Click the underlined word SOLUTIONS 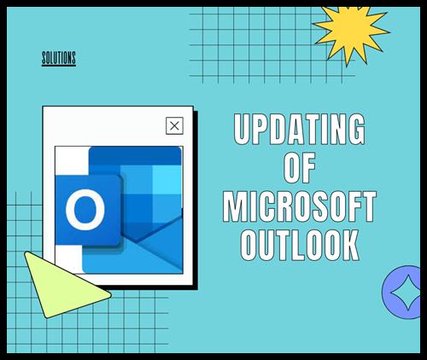coord(59,59)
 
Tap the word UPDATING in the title coord(300,129)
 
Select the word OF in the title coord(300,168)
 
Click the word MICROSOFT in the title coord(300,206)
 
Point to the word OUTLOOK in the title coord(300,245)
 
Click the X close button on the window coord(174,125)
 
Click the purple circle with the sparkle coord(401,293)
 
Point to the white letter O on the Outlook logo coord(85,210)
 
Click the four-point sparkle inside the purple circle coord(407,293)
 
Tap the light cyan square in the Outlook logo coord(167,180)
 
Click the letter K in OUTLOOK coord(351,245)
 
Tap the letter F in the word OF coord(308,168)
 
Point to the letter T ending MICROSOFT coord(368,206)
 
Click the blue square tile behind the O coord(88,210)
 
